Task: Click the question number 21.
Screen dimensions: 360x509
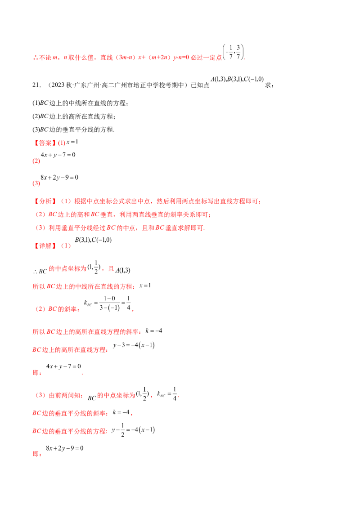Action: click(36, 85)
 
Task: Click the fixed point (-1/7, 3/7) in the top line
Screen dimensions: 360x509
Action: click(233, 52)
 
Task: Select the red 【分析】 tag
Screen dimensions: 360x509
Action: click(44, 201)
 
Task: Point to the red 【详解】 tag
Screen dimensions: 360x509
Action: click(44, 246)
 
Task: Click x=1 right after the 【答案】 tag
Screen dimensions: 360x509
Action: click(72, 142)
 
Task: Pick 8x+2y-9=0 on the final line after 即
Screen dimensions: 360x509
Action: click(65, 448)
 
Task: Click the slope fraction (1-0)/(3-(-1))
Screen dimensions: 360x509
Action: click(109, 303)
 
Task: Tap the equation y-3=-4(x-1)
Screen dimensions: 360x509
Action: click(134, 345)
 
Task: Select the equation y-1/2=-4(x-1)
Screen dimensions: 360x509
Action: click(133, 430)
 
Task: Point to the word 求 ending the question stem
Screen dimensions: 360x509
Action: click(268, 85)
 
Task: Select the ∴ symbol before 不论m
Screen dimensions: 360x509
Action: click(36, 58)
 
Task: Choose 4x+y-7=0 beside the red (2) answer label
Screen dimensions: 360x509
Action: click(58, 155)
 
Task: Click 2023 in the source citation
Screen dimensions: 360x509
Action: click(58, 85)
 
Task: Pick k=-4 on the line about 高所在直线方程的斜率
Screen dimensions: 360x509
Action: click(154, 331)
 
